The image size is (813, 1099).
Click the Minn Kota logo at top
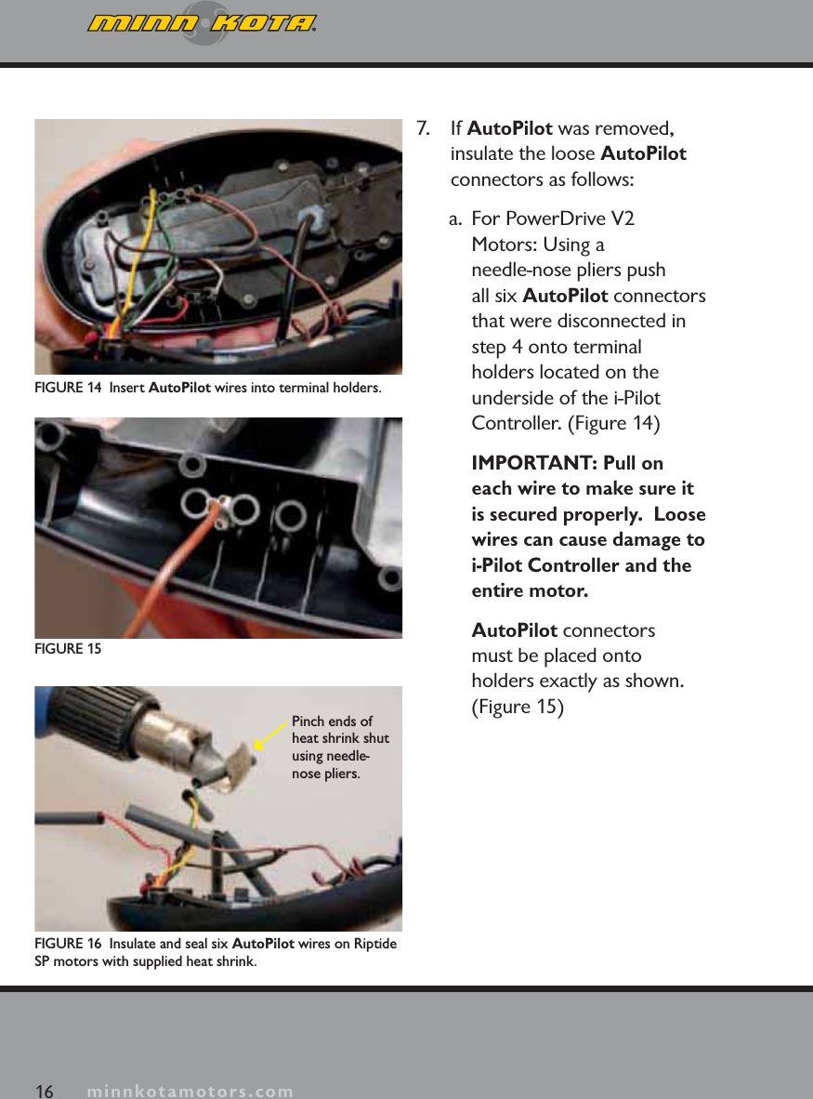point(202,23)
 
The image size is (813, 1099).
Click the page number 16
point(44,1090)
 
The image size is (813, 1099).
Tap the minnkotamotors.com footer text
point(190,1091)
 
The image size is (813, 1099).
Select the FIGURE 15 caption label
point(68,648)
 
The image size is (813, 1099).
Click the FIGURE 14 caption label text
point(69,387)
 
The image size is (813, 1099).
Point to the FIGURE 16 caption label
point(69,944)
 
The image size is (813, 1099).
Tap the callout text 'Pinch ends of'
point(332,722)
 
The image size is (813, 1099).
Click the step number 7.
point(423,127)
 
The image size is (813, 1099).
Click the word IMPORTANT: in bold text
point(529,463)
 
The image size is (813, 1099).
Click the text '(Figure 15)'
point(518,707)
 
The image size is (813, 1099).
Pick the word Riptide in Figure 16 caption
point(374,944)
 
